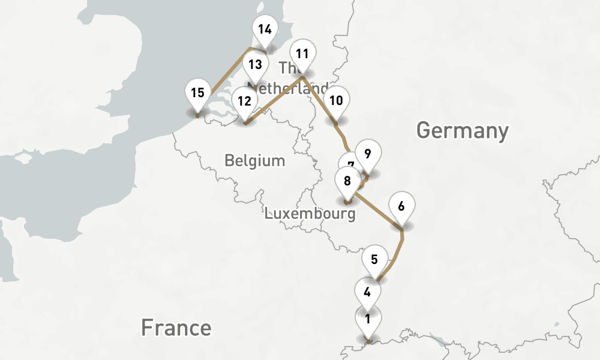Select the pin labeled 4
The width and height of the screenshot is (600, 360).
[x=367, y=293]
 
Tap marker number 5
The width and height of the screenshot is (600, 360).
[x=374, y=260]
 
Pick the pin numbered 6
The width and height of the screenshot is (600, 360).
[x=401, y=206]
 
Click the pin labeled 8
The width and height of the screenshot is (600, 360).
[x=347, y=180]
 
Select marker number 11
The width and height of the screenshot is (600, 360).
[x=302, y=54]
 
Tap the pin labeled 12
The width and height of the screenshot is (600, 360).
[x=244, y=101]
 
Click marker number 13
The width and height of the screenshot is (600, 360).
[x=255, y=65]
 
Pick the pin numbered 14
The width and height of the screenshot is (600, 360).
[x=265, y=29]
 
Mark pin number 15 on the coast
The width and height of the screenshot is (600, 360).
[x=198, y=93]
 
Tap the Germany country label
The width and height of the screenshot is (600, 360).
[x=462, y=130]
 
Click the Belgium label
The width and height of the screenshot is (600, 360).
[x=254, y=160]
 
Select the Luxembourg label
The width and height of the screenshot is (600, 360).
[x=310, y=213]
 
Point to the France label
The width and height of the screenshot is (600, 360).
[x=176, y=328]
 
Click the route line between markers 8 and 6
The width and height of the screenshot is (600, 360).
[x=378, y=211]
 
